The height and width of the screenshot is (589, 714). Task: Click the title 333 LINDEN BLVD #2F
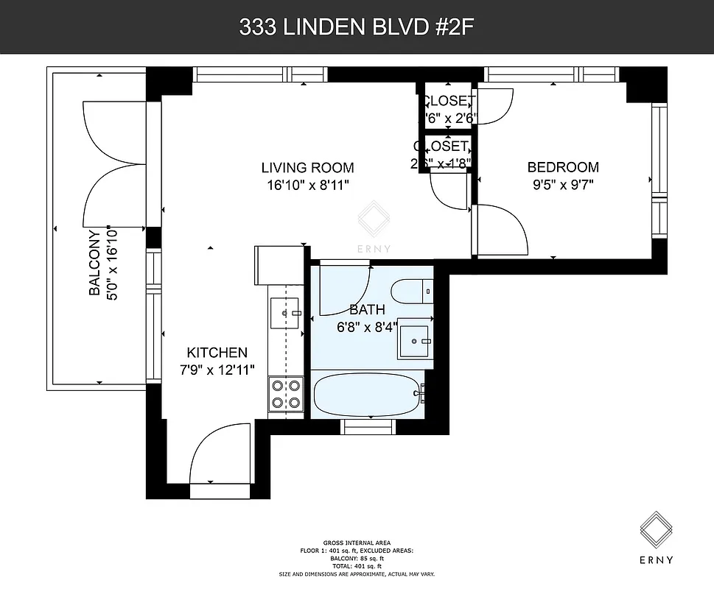point(357,27)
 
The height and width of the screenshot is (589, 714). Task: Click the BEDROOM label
point(562,167)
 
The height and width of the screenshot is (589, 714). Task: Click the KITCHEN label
point(217,353)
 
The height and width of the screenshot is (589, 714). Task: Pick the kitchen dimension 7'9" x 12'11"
point(217,370)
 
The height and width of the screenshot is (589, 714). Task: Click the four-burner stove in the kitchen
point(287,393)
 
